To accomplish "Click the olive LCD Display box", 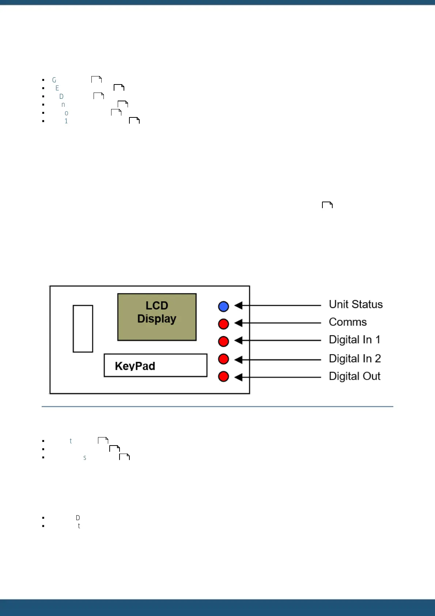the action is pyautogui.click(x=157, y=317).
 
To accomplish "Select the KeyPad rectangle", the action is pyautogui.click(x=155, y=365).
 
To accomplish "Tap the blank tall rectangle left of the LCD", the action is pyautogui.click(x=83, y=328).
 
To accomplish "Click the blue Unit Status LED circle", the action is pyautogui.click(x=223, y=306).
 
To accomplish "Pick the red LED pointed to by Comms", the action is pyautogui.click(x=223, y=324).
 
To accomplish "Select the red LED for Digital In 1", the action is pyautogui.click(x=223, y=341).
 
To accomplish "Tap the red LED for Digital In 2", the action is pyautogui.click(x=223, y=359).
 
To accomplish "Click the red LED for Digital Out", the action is pyautogui.click(x=223, y=376).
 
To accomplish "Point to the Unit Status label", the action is pyautogui.click(x=356, y=304).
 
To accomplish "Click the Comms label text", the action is pyautogui.click(x=348, y=322).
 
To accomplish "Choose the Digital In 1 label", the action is pyautogui.click(x=355, y=339).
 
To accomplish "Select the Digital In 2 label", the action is pyautogui.click(x=355, y=358).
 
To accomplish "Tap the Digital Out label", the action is pyautogui.click(x=355, y=376).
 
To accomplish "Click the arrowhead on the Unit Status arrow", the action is pyautogui.click(x=238, y=305).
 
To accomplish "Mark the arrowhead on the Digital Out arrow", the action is pyautogui.click(x=238, y=377).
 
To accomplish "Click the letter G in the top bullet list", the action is pyautogui.click(x=54, y=80).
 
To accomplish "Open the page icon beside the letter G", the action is pyautogui.click(x=97, y=79).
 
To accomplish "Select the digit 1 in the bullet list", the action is pyautogui.click(x=66, y=121).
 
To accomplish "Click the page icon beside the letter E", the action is pyautogui.click(x=119, y=87).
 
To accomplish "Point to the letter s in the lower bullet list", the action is pyautogui.click(x=85, y=458).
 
